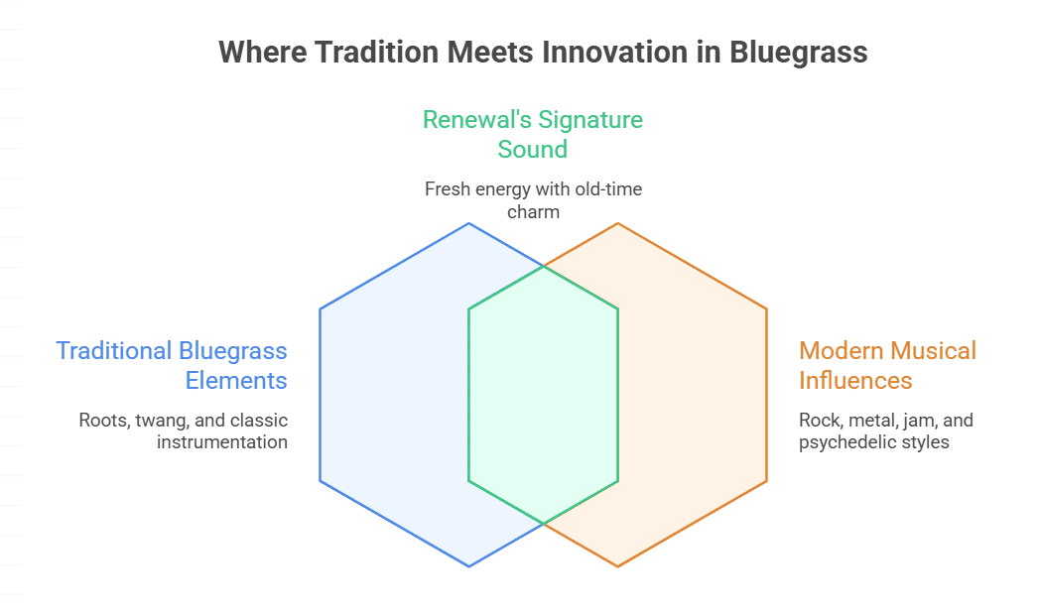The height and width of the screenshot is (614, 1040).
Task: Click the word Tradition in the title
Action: tap(376, 52)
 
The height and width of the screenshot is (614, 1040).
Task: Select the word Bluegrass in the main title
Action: tap(799, 53)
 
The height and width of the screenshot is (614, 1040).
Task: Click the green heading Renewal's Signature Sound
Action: tap(533, 134)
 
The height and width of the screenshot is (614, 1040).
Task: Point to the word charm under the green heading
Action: tap(533, 212)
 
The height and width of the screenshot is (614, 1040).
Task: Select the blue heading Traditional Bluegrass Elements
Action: tap(171, 365)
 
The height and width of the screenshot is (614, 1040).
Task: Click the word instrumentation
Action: tap(222, 442)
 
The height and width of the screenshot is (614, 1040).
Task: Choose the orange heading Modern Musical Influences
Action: tap(887, 365)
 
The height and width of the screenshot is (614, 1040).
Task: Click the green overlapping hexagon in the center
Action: tap(543, 395)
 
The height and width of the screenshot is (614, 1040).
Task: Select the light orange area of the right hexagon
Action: tap(693, 395)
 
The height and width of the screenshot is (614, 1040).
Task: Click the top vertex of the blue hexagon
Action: tap(469, 223)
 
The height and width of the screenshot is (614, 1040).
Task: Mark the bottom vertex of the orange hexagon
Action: tap(617, 567)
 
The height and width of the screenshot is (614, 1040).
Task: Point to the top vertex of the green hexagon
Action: tap(544, 266)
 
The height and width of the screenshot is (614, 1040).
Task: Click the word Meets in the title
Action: tap(490, 52)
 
